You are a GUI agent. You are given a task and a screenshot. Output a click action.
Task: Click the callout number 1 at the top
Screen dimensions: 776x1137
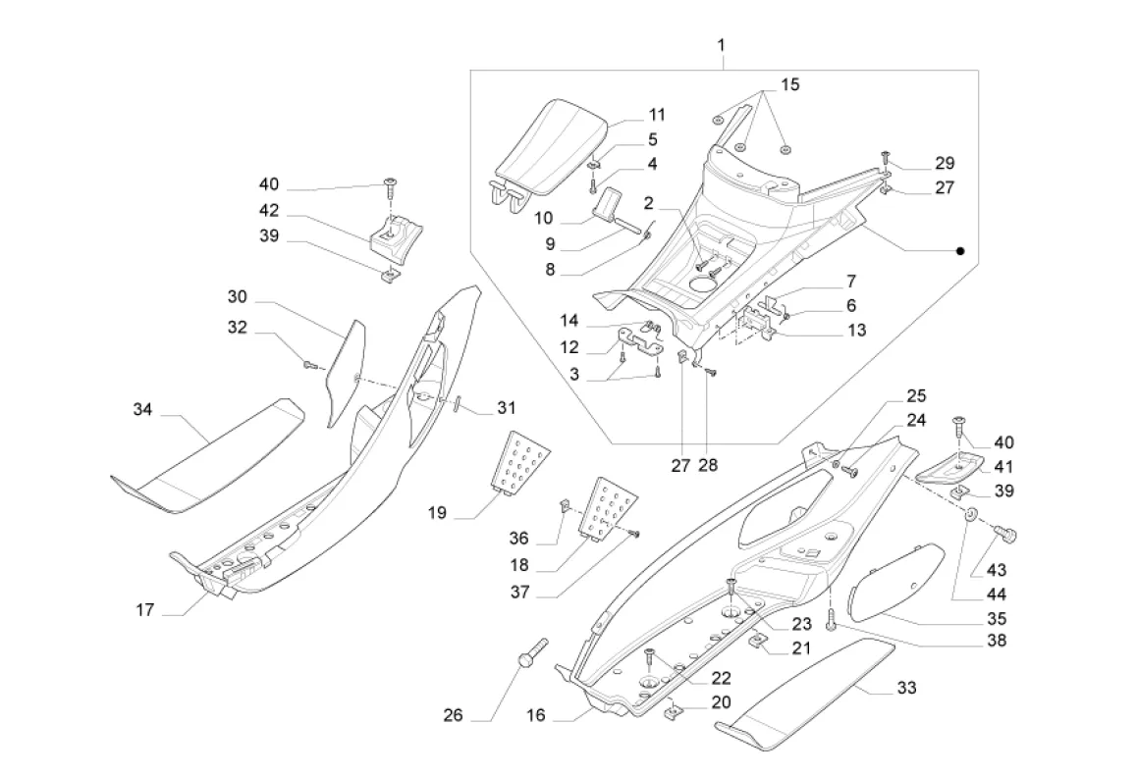coord(722,45)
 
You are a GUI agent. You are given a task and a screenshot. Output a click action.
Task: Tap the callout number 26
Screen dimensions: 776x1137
coord(453,715)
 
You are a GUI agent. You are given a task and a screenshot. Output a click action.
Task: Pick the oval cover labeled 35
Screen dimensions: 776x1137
coord(894,584)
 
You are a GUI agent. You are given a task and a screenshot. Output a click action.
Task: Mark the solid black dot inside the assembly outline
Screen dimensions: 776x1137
coord(961,252)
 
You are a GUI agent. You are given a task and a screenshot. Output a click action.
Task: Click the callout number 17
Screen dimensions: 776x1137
coord(143,609)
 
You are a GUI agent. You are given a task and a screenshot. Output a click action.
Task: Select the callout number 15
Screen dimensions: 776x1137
coord(790,84)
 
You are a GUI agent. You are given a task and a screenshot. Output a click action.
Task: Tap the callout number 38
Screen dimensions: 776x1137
coord(997,642)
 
